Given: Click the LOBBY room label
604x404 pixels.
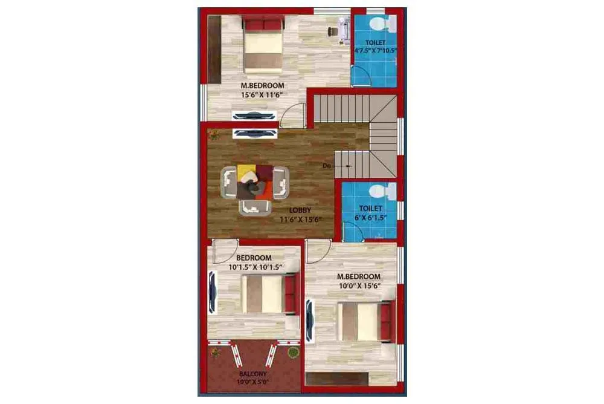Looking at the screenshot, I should [300, 210].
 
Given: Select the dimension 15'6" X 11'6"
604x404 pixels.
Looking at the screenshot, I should [262, 95].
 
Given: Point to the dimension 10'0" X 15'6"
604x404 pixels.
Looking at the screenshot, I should [359, 286].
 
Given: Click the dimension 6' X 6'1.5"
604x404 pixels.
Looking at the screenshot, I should [370, 217].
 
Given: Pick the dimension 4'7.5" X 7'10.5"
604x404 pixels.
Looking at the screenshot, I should [375, 51].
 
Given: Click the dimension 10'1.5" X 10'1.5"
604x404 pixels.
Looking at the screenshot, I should [256, 266].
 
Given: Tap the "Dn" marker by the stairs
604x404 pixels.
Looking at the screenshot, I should [327, 165].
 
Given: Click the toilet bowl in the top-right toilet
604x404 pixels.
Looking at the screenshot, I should [381, 24].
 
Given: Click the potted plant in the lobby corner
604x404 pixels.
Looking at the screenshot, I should [213, 134].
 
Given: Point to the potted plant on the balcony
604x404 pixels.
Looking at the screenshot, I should [293, 353].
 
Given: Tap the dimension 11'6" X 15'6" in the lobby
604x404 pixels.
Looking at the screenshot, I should [300, 220].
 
